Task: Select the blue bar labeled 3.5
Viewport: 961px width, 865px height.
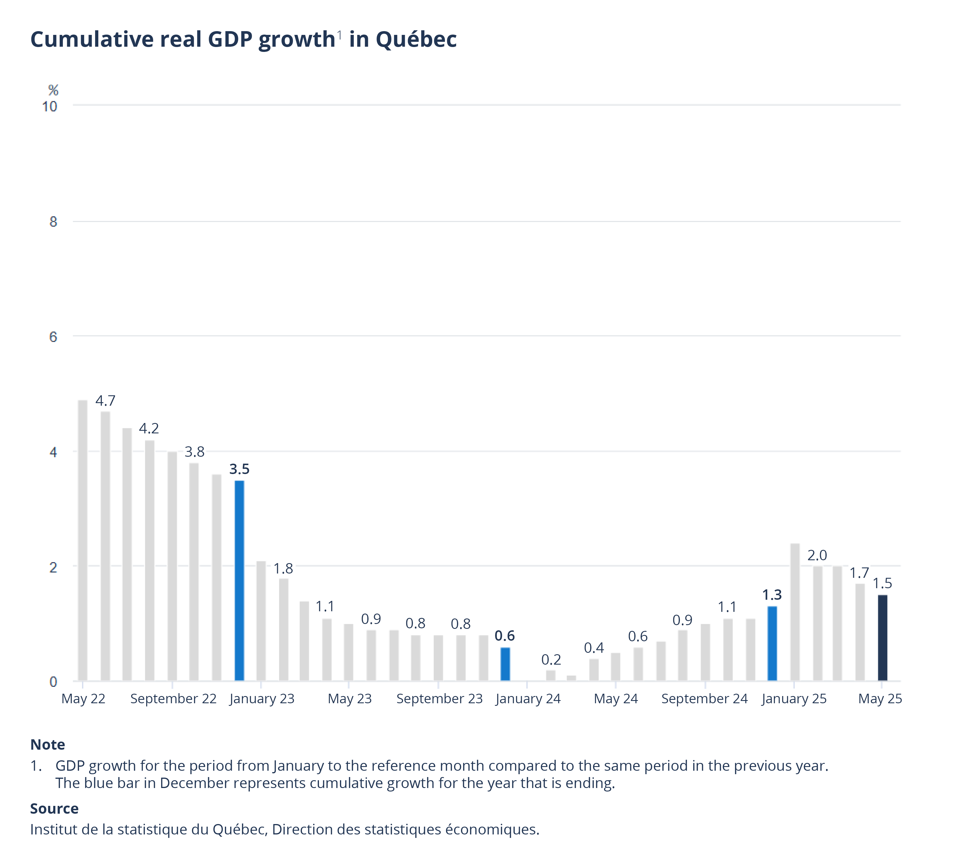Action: point(240,580)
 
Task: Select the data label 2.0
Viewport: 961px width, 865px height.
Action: point(817,555)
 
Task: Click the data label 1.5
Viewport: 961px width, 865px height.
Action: point(882,583)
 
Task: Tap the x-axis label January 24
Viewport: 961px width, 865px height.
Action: point(528,699)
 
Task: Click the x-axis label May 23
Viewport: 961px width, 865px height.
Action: point(349,699)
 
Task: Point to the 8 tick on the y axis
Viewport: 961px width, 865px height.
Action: point(53,221)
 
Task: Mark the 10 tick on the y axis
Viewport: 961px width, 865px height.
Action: point(49,106)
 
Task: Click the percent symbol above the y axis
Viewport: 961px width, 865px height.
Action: point(53,90)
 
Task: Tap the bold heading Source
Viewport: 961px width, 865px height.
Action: point(54,808)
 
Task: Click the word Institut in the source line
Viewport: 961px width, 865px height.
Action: point(51,829)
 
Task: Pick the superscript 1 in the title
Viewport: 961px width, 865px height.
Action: point(339,35)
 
